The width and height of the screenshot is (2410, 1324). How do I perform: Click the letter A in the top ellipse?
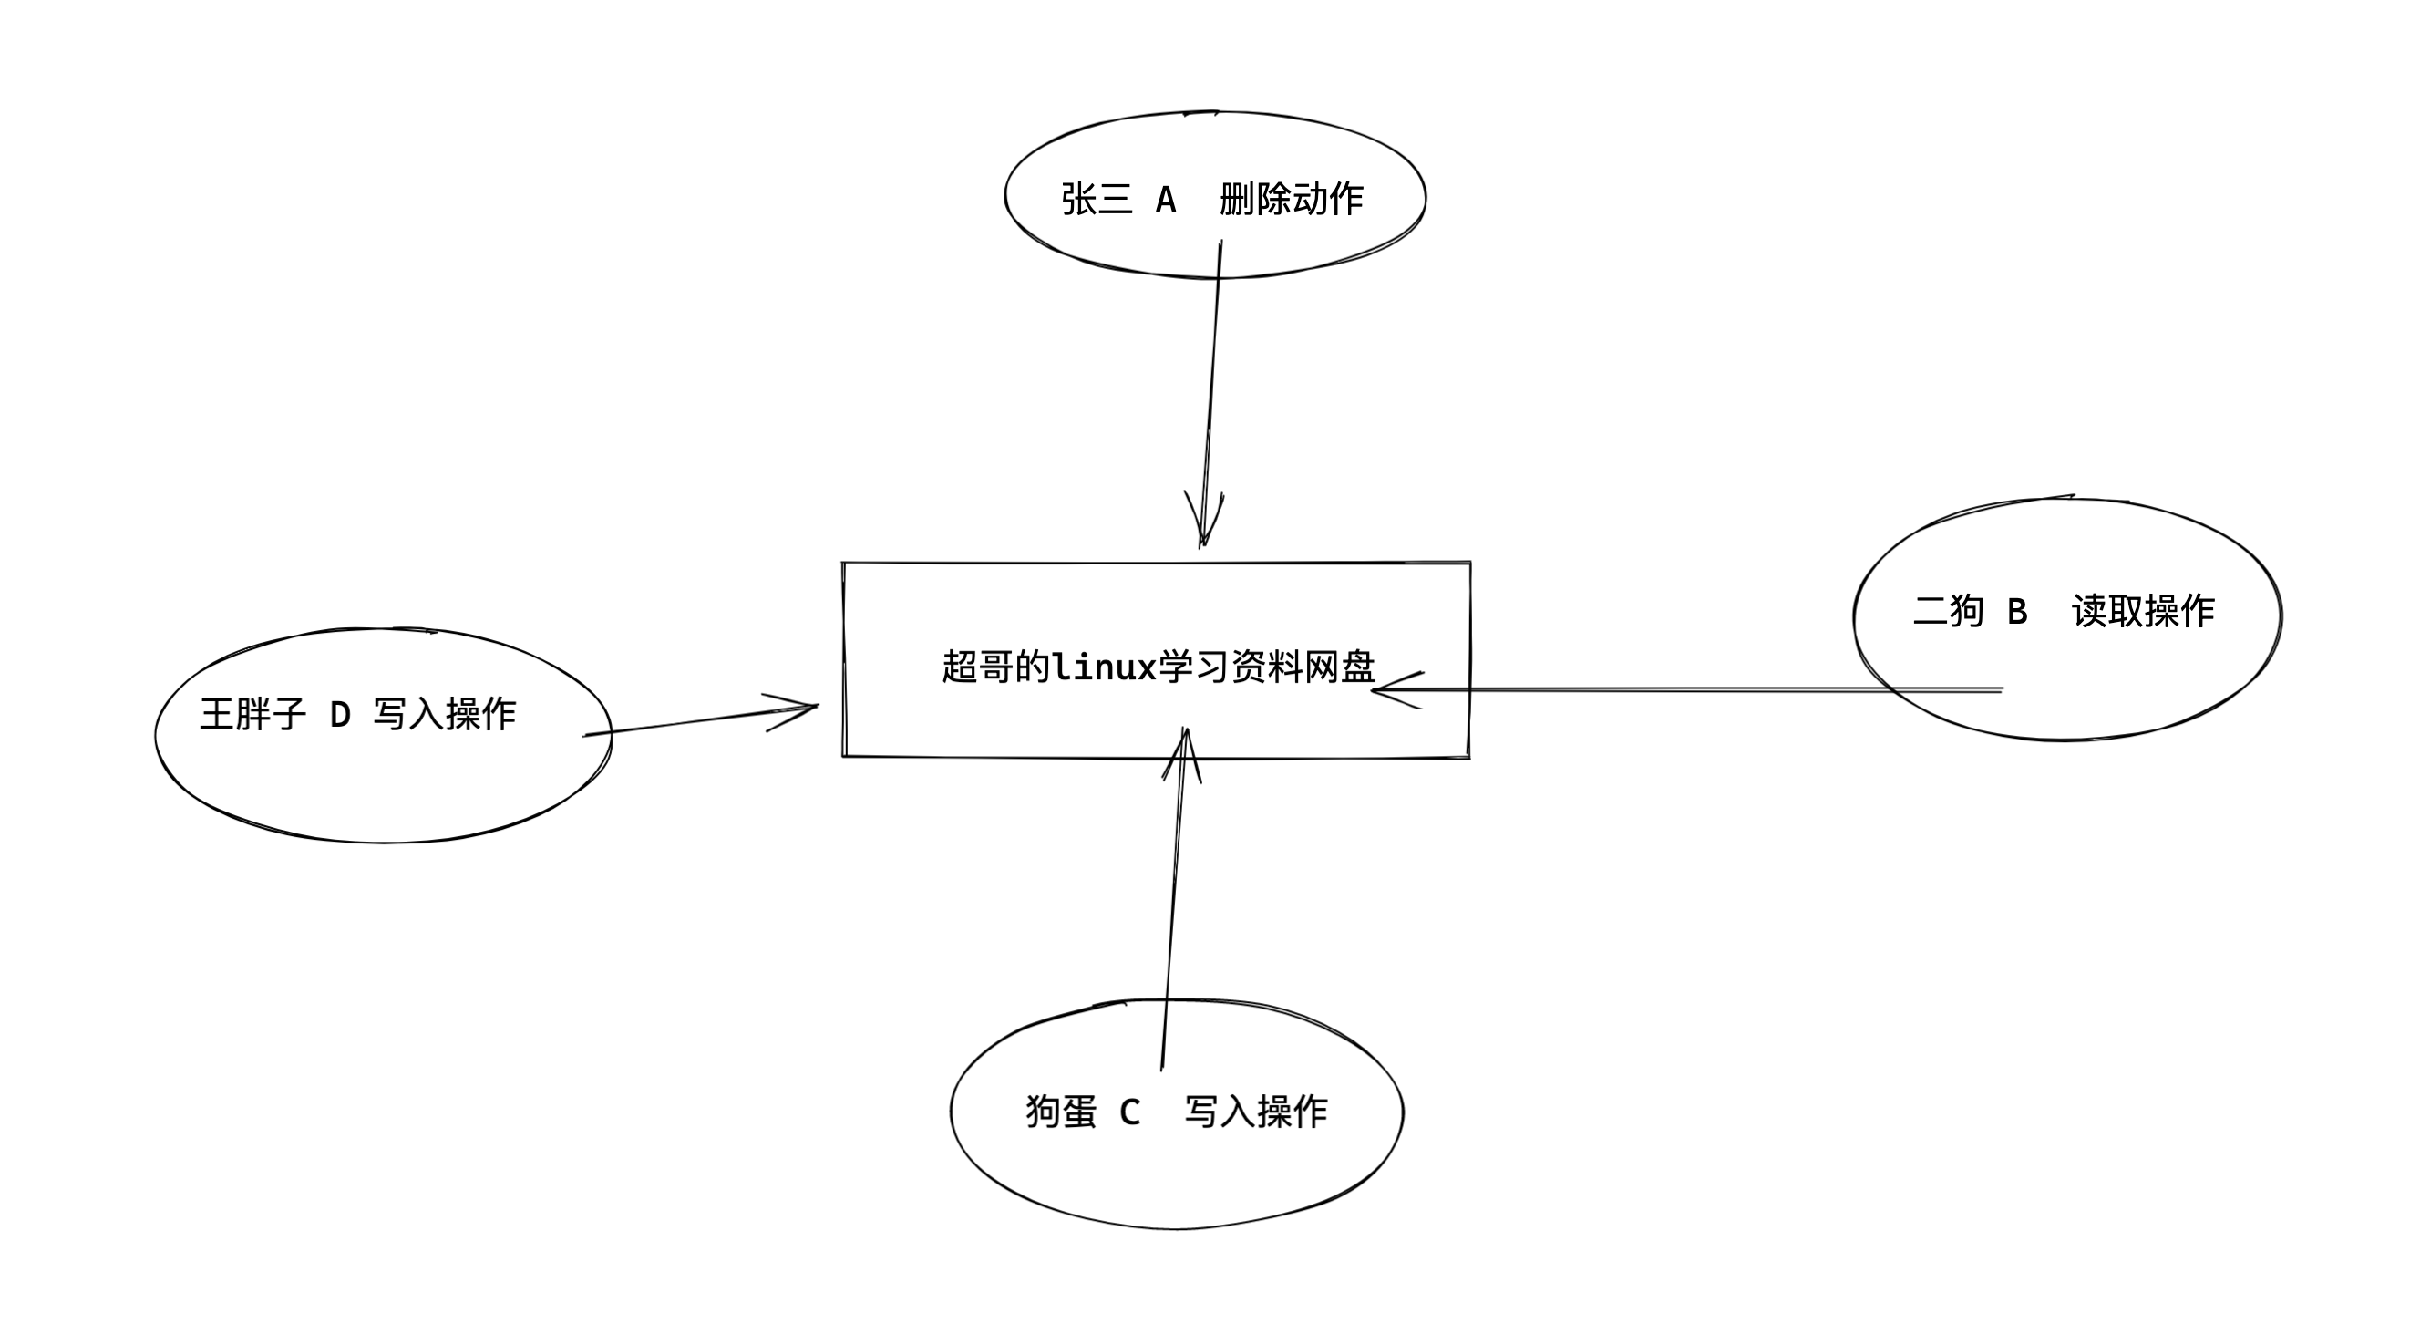coord(1165,200)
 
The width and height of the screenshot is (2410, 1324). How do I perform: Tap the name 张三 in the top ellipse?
coord(1097,200)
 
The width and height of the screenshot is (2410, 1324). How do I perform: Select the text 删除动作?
coord(1291,200)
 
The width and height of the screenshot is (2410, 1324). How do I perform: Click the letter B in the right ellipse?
coord(2017,612)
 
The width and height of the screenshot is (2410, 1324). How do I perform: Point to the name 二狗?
coord(1949,612)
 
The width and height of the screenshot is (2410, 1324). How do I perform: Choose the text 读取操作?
coord(2142,612)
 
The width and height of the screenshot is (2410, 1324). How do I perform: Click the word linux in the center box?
coord(1104,667)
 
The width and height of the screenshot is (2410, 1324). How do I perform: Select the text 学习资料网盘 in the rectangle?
coord(1267,667)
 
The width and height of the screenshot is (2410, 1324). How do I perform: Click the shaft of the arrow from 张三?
coord(1212,374)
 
